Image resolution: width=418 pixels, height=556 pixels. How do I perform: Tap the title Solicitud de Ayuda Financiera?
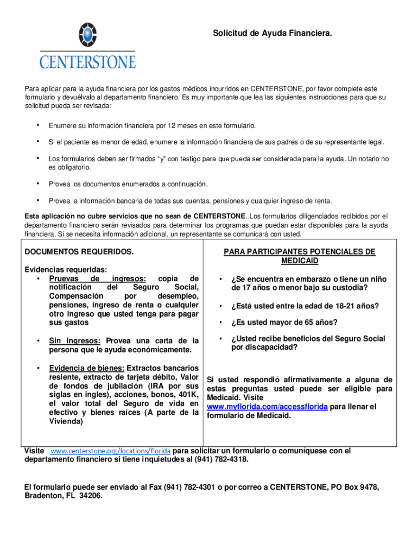272,34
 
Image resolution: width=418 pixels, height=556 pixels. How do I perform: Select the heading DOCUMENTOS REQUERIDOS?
79,252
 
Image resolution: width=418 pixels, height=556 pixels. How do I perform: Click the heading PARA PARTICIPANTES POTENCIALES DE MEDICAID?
299,256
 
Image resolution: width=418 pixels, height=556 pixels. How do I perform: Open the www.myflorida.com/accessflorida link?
267,407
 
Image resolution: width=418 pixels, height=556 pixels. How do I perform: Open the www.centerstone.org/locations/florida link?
111,451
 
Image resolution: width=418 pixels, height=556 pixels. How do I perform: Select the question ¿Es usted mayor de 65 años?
284,323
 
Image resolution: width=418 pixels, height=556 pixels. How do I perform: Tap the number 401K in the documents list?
185,395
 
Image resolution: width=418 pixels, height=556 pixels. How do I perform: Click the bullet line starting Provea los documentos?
128,184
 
